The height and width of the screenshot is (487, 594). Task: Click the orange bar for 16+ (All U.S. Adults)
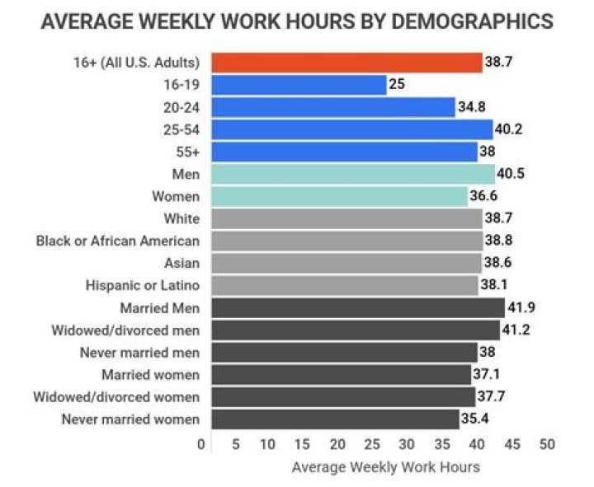pos(346,62)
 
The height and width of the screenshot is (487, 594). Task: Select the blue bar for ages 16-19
pos(299,85)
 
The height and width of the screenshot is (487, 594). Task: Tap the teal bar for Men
pos(352,174)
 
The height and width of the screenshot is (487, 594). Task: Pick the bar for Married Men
pos(357,308)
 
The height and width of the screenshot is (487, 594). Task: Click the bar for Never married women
pos(335,419)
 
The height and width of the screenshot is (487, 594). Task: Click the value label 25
pos(397,85)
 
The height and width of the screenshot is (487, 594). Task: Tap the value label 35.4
pos(474,419)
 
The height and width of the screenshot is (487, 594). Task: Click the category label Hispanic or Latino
pos(142,286)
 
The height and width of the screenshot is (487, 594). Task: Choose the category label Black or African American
pos(118,241)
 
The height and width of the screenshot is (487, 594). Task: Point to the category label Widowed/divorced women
pos(116,397)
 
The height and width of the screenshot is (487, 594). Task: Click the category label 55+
pos(187,152)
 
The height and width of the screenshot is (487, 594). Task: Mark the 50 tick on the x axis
pos(547,445)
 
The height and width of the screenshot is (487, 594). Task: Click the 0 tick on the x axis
pos(201,445)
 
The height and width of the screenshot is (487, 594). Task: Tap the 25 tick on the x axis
pos(372,445)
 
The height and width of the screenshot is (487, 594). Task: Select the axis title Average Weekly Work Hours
pos(385,467)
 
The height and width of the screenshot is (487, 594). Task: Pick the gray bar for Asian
pos(346,264)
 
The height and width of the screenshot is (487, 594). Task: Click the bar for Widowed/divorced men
pos(355,330)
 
